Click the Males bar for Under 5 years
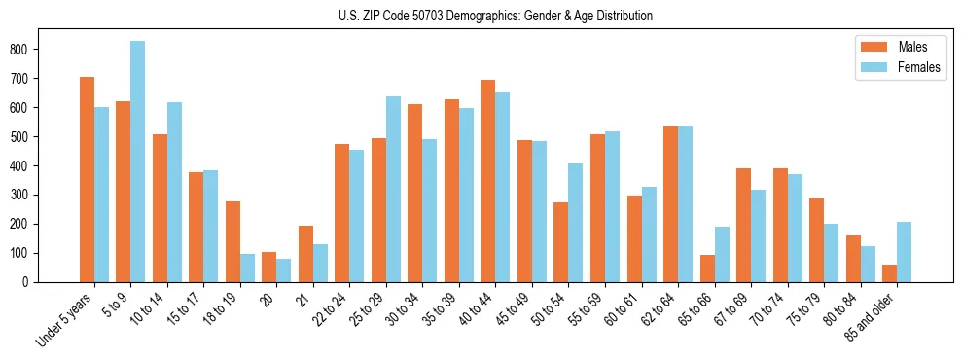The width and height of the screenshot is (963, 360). point(87,180)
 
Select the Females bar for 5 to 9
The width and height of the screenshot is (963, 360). point(138,162)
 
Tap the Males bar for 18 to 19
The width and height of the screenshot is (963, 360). point(232,241)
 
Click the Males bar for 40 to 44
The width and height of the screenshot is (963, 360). point(488,181)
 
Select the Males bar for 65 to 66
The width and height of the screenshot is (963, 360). point(707,269)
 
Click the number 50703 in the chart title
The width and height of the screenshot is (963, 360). point(425,16)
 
